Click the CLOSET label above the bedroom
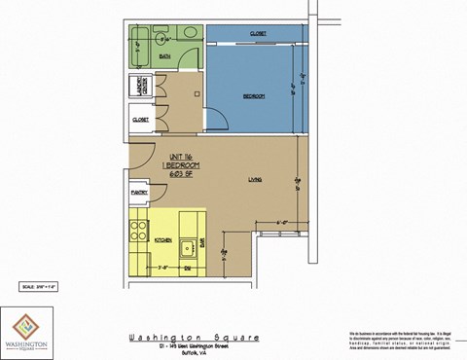pyautogui.click(x=258, y=33)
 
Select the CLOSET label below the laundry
pyautogui.click(x=139, y=120)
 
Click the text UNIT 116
pyautogui.click(x=182, y=157)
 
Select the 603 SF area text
pyautogui.click(x=182, y=174)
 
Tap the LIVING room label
pyautogui.click(x=256, y=178)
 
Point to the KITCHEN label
pyautogui.click(x=163, y=238)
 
